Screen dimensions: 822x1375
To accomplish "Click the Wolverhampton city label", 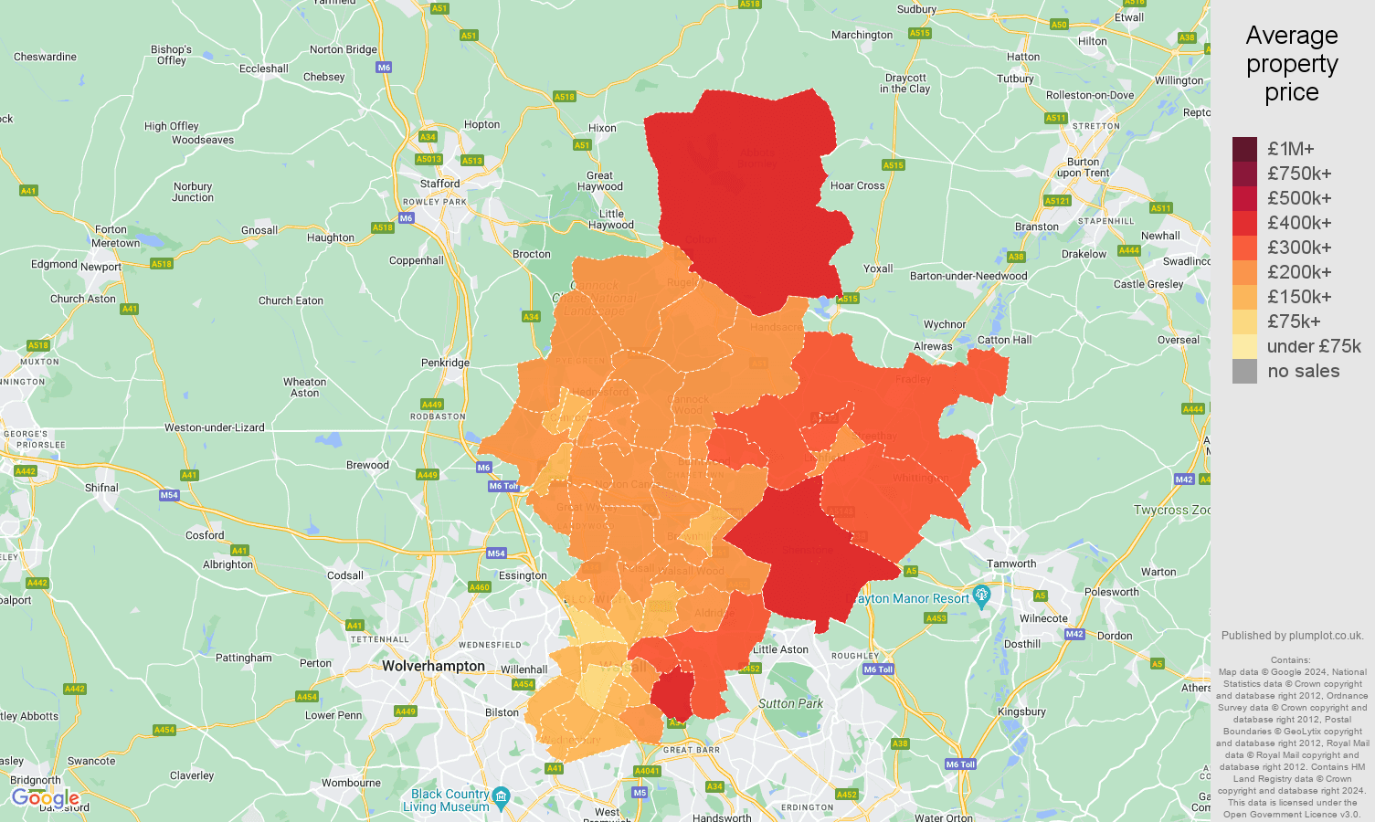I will pos(433,666).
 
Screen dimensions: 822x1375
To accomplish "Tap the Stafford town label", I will pos(440,184).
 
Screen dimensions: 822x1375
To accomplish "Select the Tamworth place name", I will pos(1011,564).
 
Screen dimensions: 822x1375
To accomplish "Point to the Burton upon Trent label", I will pos(1083,167).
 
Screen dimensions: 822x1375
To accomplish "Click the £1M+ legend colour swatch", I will pos(1244,149).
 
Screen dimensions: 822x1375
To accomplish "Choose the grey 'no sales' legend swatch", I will pos(1244,371).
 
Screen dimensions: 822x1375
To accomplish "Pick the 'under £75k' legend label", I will pos(1313,346).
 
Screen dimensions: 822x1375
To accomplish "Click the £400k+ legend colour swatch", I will pos(1244,223).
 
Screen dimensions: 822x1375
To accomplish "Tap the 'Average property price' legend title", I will pos(1291,64).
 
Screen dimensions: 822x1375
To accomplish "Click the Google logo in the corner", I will pos(46,798).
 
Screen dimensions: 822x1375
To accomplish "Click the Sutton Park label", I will pos(790,703).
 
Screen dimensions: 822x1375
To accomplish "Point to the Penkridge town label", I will pos(445,363).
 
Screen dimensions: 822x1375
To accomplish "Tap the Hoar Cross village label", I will pos(857,185).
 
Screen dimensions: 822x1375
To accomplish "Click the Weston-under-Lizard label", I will pos(214,427).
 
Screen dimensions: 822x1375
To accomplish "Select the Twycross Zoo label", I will pos(1171,510).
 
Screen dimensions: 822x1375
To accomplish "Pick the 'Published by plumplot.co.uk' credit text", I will pos(1292,636).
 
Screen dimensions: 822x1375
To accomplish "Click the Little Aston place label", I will pos(780,649).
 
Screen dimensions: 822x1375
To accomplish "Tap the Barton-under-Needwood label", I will pos(968,276).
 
